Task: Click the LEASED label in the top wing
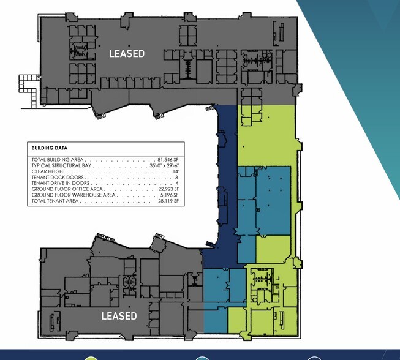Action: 127,53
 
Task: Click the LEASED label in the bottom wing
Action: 119,316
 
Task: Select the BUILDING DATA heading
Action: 50,148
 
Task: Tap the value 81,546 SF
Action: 168,160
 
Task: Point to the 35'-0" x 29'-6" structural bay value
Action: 164,165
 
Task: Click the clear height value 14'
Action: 176,171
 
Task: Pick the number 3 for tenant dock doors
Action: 177,177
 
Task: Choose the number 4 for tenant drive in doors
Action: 177,183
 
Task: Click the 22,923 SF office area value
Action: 168,189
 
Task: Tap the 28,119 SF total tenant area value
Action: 168,201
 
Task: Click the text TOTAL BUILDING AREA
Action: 58,160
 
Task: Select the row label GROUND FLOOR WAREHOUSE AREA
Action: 74,195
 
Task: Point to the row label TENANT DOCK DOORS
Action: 58,177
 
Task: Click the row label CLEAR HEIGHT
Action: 48,171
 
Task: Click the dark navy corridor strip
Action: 227,179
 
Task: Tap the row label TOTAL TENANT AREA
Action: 55,201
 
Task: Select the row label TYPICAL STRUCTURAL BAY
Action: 61,165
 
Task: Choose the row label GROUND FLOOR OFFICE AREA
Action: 67,189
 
